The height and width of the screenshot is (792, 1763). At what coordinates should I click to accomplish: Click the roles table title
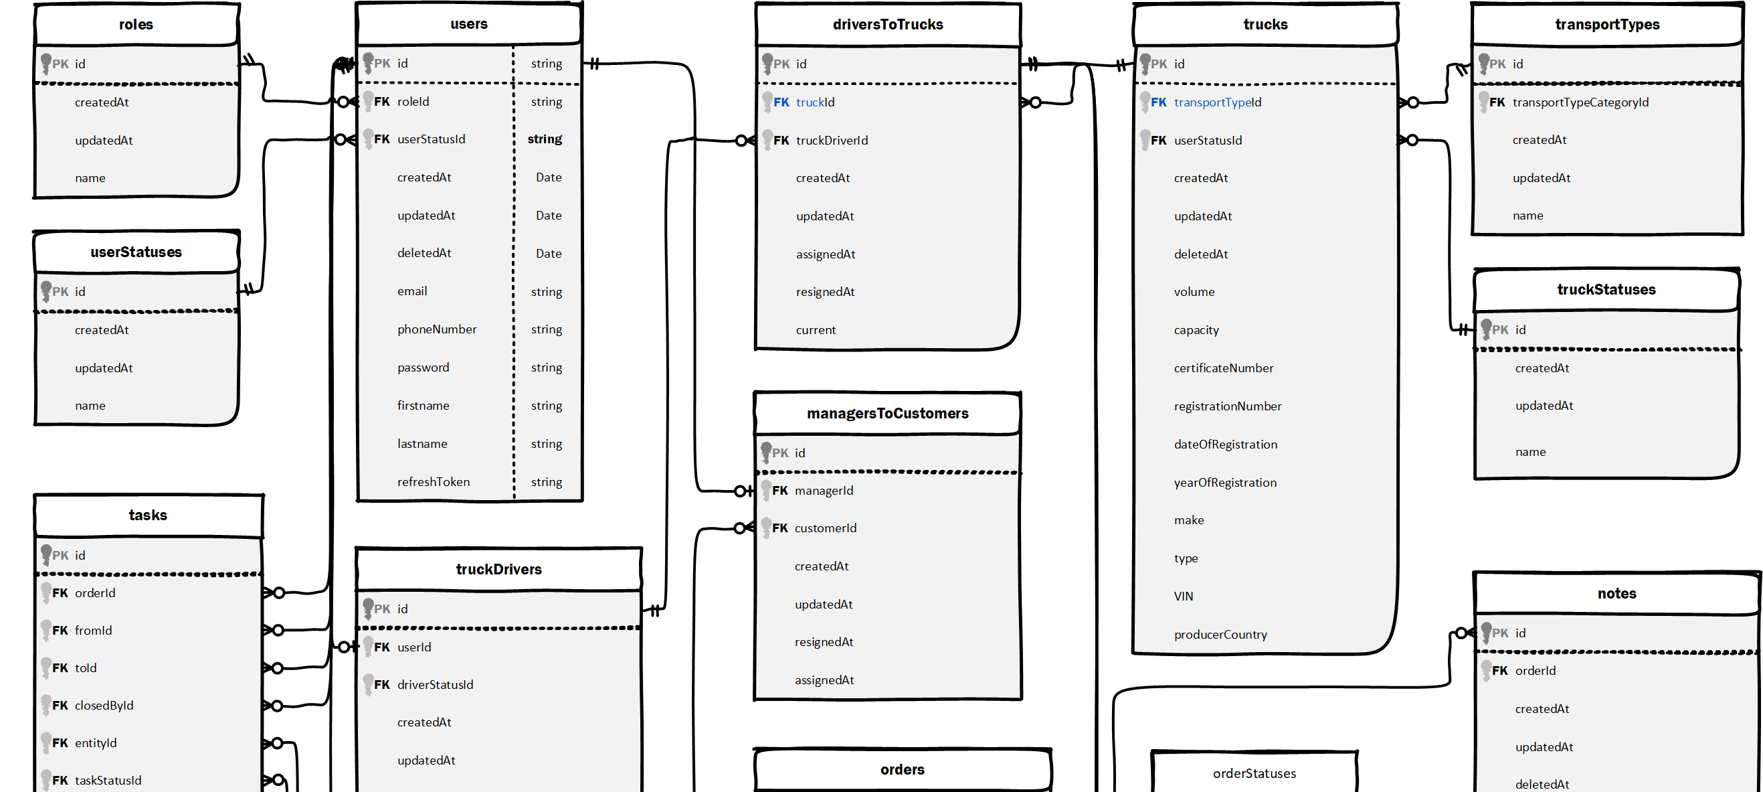[x=136, y=25]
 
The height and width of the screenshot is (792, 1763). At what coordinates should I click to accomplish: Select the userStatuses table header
[x=136, y=252]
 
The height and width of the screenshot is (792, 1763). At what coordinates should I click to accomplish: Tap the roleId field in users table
[x=413, y=101]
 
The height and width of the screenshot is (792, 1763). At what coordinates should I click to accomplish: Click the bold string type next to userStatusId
[x=544, y=139]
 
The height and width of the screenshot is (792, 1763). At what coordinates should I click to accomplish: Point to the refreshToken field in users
[x=433, y=482]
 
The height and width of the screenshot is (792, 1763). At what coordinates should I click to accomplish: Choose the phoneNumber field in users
[x=437, y=329]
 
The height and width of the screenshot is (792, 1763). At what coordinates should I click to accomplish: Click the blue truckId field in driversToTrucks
[x=814, y=102]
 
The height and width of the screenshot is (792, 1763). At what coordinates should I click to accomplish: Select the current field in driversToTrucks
[x=815, y=330]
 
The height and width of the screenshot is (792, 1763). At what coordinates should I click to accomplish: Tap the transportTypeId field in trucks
[x=1217, y=102]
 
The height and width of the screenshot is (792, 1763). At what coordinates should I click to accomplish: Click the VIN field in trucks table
[x=1184, y=597]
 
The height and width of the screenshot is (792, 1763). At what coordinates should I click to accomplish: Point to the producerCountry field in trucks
[x=1220, y=635]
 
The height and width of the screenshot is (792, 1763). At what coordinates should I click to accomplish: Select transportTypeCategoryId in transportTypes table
[x=1580, y=102]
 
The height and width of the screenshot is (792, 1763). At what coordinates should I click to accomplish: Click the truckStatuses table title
[x=1606, y=290]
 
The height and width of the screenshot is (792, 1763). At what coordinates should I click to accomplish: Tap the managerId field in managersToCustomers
[x=824, y=491]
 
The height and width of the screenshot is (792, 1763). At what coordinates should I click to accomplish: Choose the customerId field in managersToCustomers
[x=825, y=528]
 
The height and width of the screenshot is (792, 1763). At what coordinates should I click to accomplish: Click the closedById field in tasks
[x=104, y=706]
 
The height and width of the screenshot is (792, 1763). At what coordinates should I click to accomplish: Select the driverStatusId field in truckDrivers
[x=435, y=684]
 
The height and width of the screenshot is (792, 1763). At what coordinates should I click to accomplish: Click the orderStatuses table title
[x=1254, y=773]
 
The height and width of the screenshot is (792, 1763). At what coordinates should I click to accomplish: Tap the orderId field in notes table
[x=1534, y=671]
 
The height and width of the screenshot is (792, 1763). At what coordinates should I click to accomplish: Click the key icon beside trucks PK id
[x=1145, y=63]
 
